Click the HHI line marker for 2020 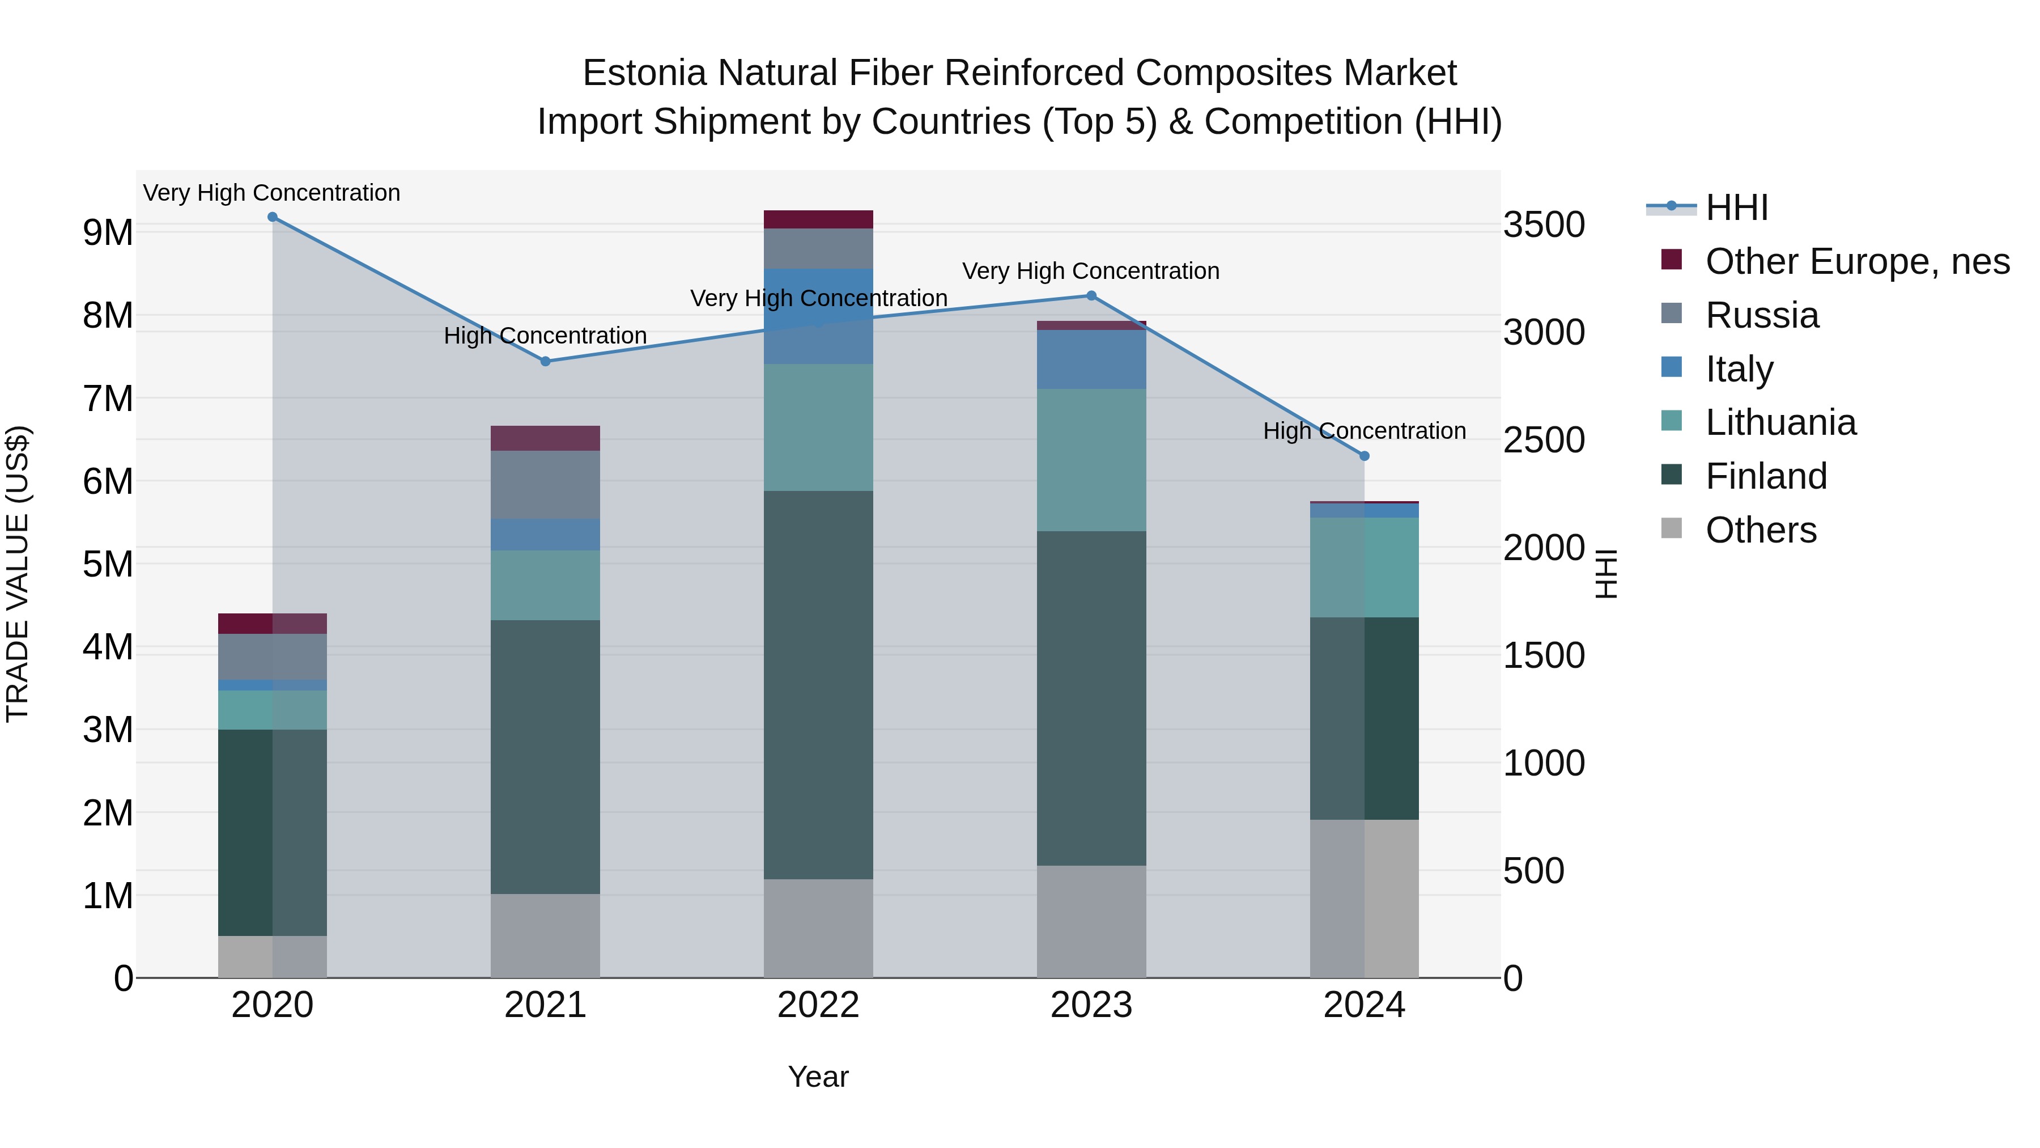click(x=273, y=217)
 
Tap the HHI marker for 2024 click(x=1364, y=456)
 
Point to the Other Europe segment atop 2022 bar click(x=818, y=219)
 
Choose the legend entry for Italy click(x=1739, y=369)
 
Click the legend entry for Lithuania click(x=1780, y=423)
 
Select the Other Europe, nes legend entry click(x=1857, y=261)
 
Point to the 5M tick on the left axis click(x=108, y=565)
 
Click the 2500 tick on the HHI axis click(x=1544, y=440)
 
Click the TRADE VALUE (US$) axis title click(x=18, y=574)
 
